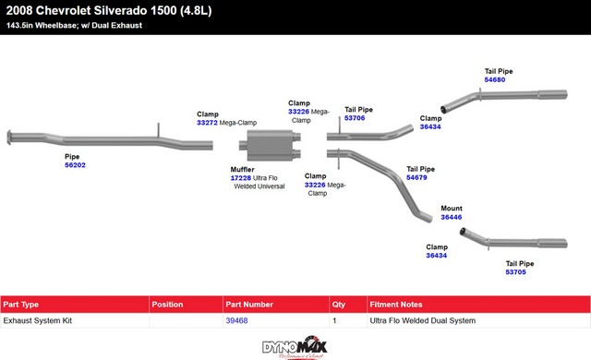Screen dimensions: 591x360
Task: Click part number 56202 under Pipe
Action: pos(75,165)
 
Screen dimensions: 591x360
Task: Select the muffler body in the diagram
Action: pos(270,145)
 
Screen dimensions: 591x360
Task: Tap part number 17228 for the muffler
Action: pos(240,178)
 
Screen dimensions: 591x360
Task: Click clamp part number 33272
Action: pos(207,123)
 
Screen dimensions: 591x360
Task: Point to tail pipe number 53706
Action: pos(355,118)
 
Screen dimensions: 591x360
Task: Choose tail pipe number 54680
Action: pos(495,79)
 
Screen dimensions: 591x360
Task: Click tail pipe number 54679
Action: pos(416,177)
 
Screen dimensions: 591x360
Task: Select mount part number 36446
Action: pos(452,217)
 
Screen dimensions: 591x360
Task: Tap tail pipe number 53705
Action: pos(515,272)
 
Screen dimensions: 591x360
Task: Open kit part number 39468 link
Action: pos(236,320)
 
